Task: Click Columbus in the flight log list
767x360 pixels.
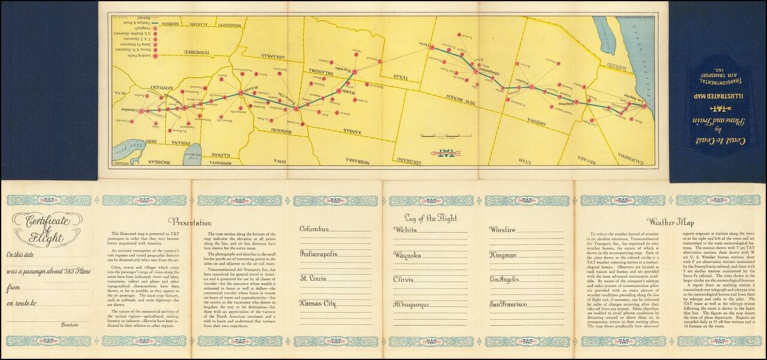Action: click(319, 229)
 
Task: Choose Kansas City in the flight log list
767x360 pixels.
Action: click(318, 303)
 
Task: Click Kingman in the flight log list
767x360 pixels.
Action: click(503, 255)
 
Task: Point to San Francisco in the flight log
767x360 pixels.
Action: click(509, 305)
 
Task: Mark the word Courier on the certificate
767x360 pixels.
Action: click(70, 324)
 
